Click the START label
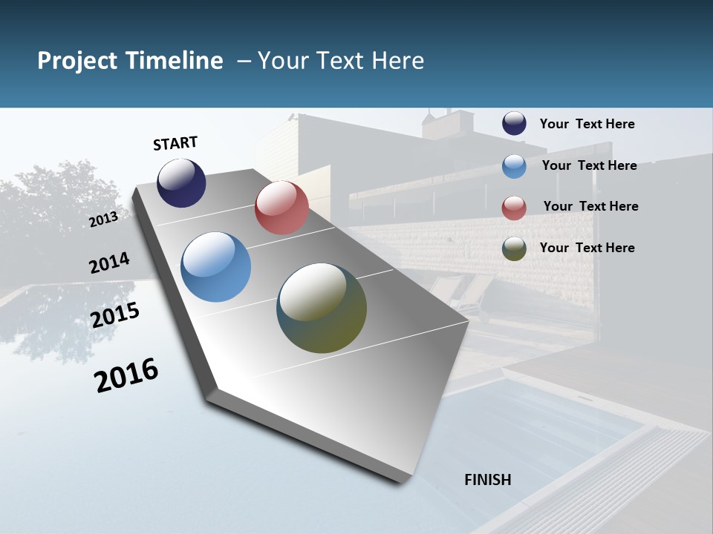pyautogui.click(x=175, y=143)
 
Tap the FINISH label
pyautogui.click(x=487, y=480)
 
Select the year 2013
pyautogui.click(x=103, y=219)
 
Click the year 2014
pyautogui.click(x=109, y=263)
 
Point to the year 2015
pyautogui.click(x=115, y=315)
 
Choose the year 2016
pyautogui.click(x=126, y=375)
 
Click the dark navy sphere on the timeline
pyautogui.click(x=181, y=183)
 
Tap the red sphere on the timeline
pyautogui.click(x=281, y=208)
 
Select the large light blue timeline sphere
pyautogui.click(x=215, y=267)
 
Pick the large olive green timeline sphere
pyautogui.click(x=322, y=308)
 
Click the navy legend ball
pyautogui.click(x=514, y=124)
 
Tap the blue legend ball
pyautogui.click(x=514, y=166)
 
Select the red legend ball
pyautogui.click(x=514, y=207)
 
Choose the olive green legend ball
pyautogui.click(x=514, y=248)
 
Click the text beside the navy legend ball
pyautogui.click(x=587, y=124)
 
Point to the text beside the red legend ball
pyautogui.click(x=590, y=206)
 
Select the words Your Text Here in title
pyautogui.click(x=341, y=61)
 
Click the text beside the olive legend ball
pyautogui.click(x=587, y=248)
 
